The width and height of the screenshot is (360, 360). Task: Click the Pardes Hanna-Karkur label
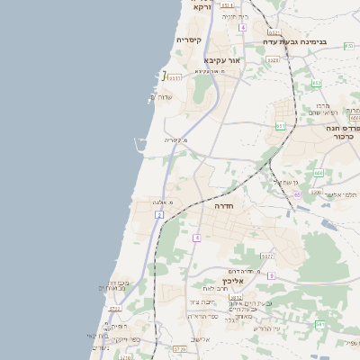[341, 132]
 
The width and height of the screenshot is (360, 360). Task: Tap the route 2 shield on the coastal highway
[159, 216]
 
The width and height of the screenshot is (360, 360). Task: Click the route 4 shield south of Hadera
[196, 238]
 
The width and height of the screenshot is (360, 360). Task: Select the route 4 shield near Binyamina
[242, 28]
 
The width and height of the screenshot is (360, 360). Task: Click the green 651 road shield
[280, 126]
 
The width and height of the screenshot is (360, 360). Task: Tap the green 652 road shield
[316, 84]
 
